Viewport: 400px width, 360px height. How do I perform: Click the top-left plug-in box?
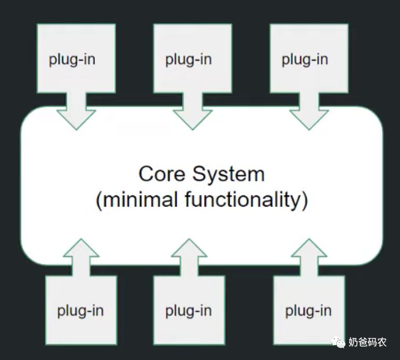click(76, 58)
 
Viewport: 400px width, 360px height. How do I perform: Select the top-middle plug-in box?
click(193, 58)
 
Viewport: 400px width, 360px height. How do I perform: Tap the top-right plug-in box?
click(309, 58)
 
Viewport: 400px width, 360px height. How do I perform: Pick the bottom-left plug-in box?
click(81, 310)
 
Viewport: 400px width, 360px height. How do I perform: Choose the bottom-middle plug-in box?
click(189, 310)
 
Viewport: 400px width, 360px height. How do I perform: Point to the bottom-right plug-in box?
click(309, 310)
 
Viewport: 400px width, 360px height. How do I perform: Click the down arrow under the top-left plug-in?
click(76, 112)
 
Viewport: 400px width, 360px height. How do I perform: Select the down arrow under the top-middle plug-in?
click(193, 112)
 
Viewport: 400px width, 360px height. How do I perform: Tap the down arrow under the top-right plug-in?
click(309, 112)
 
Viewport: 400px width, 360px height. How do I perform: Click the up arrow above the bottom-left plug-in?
click(81, 257)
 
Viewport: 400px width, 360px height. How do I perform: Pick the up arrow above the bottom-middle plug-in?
click(189, 257)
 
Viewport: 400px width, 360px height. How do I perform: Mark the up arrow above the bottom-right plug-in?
click(309, 257)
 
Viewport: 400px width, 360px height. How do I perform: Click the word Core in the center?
click(162, 174)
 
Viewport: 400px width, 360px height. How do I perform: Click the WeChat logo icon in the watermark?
click(338, 342)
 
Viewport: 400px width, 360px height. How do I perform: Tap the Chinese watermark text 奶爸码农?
click(367, 342)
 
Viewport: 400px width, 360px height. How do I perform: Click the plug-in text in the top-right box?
click(305, 60)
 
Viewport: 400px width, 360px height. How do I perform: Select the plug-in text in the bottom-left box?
click(80, 311)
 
